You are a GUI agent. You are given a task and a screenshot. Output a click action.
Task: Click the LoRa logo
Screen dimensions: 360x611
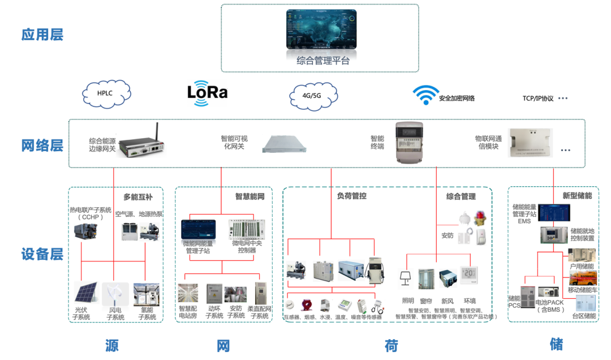[207, 92]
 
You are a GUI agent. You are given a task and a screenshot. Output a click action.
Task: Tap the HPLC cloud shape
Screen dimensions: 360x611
[107, 93]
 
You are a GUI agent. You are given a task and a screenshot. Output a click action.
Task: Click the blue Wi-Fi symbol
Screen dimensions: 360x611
[425, 95]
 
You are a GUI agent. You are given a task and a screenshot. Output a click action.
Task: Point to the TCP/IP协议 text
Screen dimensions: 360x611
[538, 98]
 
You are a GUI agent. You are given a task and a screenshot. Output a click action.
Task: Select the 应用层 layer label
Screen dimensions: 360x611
[42, 35]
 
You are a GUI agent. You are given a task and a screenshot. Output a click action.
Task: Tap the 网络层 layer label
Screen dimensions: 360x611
[42, 145]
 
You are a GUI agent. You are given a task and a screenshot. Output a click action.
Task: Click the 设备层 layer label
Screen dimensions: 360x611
[42, 254]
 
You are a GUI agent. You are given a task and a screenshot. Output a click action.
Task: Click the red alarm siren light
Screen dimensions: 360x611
[481, 218]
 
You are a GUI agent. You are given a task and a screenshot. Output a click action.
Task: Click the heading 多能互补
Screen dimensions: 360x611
[139, 197]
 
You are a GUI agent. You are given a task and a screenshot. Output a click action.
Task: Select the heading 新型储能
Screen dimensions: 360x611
[577, 196]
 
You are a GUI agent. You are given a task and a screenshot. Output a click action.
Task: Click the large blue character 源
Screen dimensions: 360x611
[112, 345]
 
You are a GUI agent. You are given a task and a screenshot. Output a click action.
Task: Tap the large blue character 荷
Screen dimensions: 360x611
[391, 345]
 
